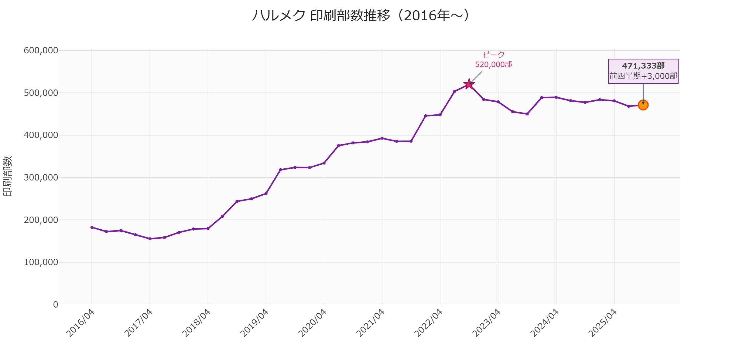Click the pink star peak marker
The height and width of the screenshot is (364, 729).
click(x=469, y=84)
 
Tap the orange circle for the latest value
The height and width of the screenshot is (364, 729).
click(x=643, y=105)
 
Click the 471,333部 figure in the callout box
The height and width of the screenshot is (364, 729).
click(x=643, y=66)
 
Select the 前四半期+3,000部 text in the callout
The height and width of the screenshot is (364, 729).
click(x=643, y=76)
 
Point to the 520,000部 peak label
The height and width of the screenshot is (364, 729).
click(x=493, y=65)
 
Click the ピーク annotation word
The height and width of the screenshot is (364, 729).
click(x=494, y=55)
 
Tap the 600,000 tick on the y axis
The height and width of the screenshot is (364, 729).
click(x=41, y=50)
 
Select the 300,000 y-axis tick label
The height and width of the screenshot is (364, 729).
click(x=41, y=177)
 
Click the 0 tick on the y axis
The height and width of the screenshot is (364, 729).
click(x=56, y=305)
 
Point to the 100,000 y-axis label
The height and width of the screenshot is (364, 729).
click(x=41, y=262)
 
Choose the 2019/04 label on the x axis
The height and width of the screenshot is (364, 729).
click(x=255, y=323)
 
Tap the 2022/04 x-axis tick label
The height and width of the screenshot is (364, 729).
click(x=429, y=323)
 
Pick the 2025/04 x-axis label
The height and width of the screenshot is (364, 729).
click(x=603, y=323)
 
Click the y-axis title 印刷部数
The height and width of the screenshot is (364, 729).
click(x=8, y=177)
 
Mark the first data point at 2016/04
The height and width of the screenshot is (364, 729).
click(x=92, y=227)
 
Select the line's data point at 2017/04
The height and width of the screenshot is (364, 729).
click(x=150, y=239)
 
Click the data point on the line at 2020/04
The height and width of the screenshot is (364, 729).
click(x=324, y=163)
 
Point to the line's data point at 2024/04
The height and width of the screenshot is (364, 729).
click(x=556, y=97)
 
